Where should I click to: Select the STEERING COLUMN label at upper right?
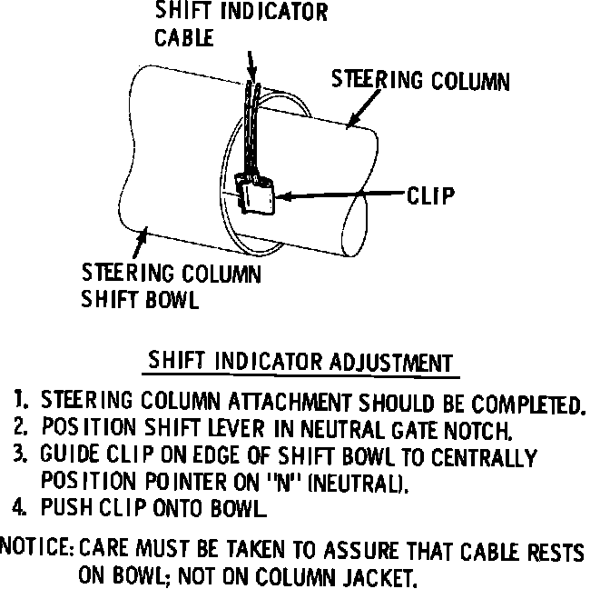[x=419, y=81]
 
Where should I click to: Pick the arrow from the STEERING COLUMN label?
[x=359, y=113]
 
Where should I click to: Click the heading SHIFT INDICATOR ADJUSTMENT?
[x=300, y=361]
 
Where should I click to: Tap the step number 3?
[x=19, y=454]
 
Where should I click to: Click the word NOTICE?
[x=37, y=549]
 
